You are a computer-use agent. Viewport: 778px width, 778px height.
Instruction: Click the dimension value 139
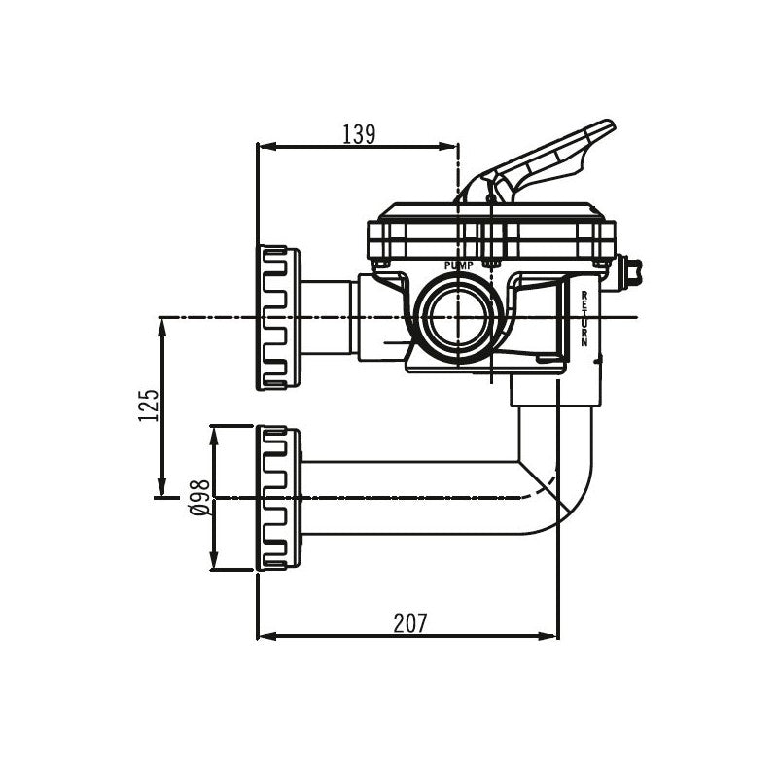tap(359, 134)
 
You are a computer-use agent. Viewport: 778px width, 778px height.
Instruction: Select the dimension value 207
tap(410, 623)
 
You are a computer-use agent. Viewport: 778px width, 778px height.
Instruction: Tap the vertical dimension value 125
tap(149, 405)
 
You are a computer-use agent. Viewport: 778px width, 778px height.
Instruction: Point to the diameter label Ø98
tap(201, 498)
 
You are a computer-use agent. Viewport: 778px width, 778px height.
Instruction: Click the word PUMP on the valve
tap(459, 265)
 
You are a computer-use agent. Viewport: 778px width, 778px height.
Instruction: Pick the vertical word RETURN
tap(584, 319)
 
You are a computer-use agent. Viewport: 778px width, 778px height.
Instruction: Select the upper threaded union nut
tap(278, 318)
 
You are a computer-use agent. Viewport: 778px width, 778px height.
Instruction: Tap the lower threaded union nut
tap(278, 498)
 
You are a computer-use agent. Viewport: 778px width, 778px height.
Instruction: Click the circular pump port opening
tap(460, 318)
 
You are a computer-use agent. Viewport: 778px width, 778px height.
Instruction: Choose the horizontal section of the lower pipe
tap(409, 498)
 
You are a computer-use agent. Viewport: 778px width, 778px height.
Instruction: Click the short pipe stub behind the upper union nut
tap(329, 318)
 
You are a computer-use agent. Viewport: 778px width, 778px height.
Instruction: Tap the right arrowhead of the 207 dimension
tap(548, 636)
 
